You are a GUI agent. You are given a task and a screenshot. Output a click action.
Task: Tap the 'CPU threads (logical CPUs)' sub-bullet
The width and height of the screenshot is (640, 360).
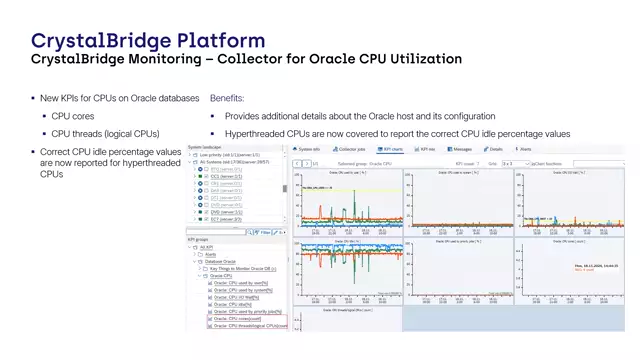click(105, 133)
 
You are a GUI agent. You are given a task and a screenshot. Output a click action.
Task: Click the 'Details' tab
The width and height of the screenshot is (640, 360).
click(495, 148)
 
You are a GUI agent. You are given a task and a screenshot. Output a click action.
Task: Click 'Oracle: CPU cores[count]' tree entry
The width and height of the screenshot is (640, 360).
click(240, 318)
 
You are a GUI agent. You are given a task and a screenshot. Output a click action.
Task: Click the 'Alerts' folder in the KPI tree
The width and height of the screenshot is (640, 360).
click(212, 254)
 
